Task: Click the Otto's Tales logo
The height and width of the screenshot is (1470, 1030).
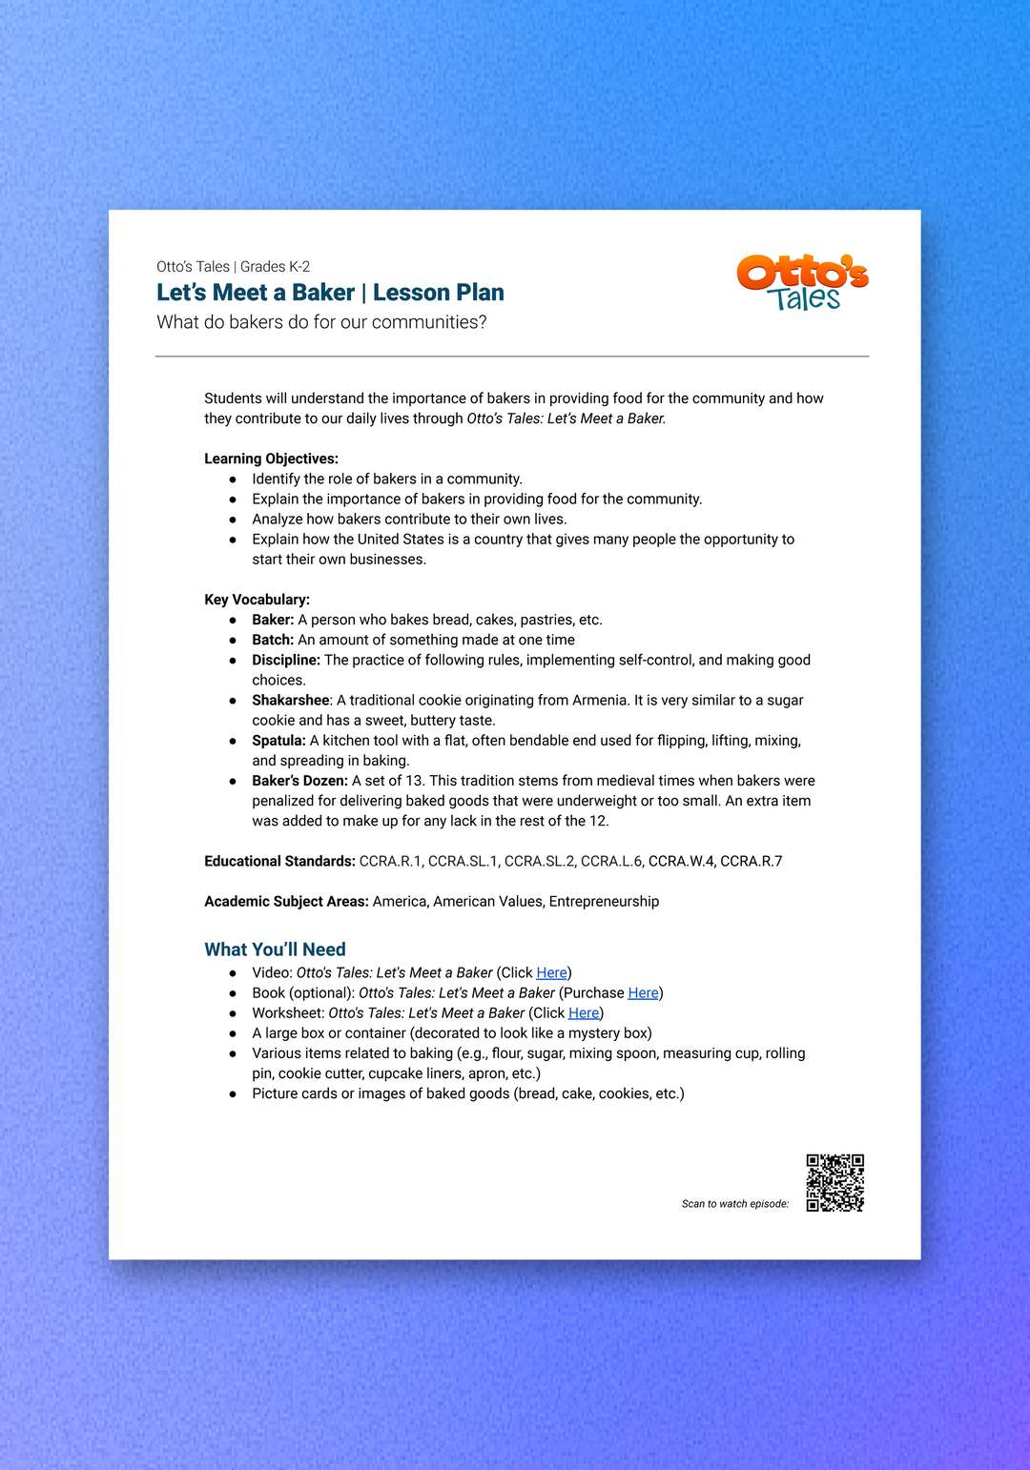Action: click(802, 282)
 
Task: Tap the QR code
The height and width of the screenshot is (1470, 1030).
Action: click(834, 1182)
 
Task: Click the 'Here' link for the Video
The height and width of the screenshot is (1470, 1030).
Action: click(551, 972)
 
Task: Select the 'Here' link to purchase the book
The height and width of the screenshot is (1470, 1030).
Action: click(643, 992)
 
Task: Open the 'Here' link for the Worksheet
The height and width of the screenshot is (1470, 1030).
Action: click(584, 1012)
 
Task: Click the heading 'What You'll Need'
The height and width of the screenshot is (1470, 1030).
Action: click(275, 949)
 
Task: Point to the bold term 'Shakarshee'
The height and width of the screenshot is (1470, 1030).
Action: click(291, 700)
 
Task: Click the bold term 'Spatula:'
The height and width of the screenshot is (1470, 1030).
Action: click(278, 740)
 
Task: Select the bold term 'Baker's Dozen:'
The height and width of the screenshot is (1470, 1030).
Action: click(299, 780)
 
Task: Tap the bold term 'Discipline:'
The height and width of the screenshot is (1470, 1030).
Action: click(286, 660)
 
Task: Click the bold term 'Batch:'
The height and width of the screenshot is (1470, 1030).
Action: click(273, 640)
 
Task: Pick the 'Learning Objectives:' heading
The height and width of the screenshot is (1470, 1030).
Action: click(271, 459)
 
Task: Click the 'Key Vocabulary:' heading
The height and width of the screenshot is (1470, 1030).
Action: click(257, 600)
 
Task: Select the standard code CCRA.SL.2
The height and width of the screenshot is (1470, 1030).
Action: click(539, 861)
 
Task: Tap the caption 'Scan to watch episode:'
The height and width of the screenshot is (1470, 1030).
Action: click(734, 1204)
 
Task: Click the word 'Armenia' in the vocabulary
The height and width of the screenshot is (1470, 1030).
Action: click(600, 700)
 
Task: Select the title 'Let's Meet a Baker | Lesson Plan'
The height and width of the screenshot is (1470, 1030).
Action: click(330, 293)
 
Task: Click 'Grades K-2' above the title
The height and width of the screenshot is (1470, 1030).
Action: click(275, 267)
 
